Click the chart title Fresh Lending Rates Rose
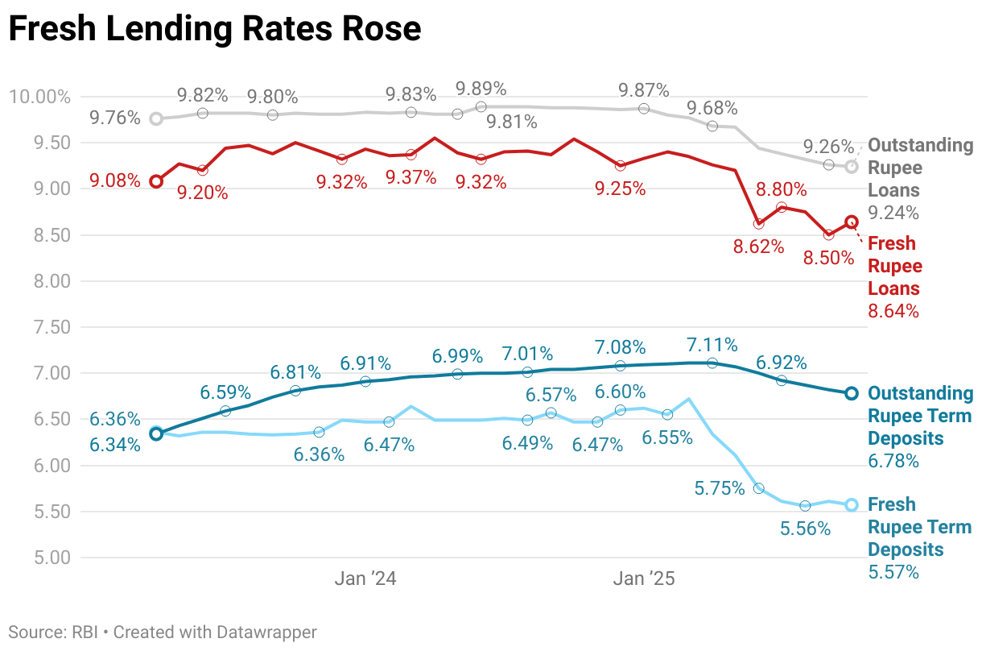(x=214, y=30)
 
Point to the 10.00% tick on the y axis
(x=40, y=97)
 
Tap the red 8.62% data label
(x=758, y=247)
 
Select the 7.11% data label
(x=712, y=346)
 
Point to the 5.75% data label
(x=719, y=488)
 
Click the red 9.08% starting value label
(x=114, y=180)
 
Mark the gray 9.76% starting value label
(x=114, y=118)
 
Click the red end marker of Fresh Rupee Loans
(x=852, y=222)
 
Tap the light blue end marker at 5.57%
(x=852, y=505)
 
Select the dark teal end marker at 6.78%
(x=852, y=393)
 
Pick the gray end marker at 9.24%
(x=852, y=167)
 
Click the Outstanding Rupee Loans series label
(x=920, y=168)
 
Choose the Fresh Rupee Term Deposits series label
(x=919, y=527)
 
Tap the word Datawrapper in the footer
(x=266, y=632)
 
